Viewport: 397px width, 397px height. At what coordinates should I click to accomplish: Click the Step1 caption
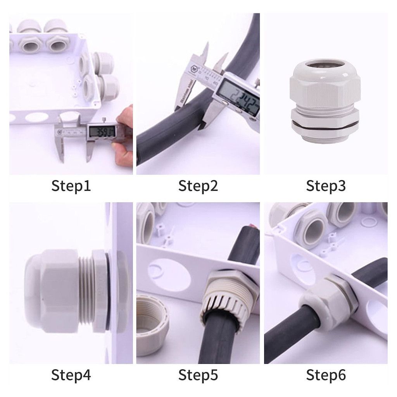[71, 186]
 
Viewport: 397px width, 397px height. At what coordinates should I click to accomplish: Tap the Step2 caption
[198, 186]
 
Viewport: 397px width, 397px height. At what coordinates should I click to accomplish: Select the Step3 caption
[326, 186]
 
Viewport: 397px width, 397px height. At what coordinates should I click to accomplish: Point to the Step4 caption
[71, 375]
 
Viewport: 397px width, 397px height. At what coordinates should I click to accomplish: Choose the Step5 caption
[198, 375]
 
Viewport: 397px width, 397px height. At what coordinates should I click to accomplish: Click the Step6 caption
[326, 375]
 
